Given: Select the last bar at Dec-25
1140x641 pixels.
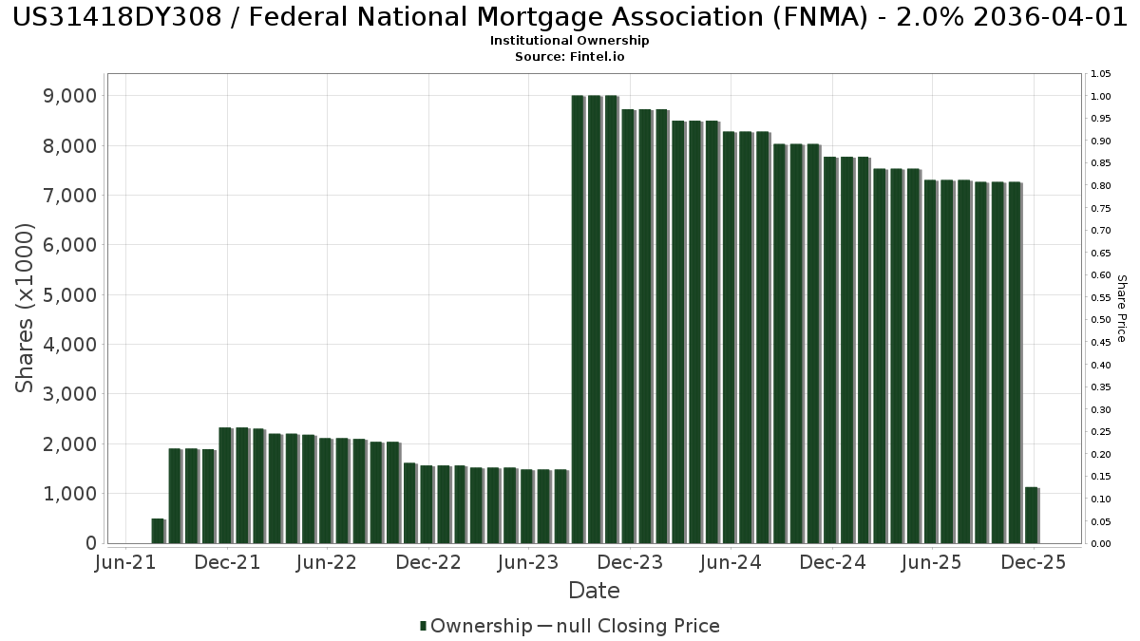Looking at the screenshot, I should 1031,515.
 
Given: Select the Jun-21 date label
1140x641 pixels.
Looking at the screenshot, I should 126,562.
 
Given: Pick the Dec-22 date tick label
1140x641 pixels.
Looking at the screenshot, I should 428,562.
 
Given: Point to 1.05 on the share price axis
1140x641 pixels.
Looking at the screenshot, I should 1101,74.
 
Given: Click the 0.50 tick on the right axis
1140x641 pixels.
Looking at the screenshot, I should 1101,320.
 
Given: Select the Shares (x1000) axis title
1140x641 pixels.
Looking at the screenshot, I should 26,308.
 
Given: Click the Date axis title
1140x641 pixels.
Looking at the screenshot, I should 594,591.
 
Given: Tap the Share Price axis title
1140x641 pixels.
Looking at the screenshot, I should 1121,308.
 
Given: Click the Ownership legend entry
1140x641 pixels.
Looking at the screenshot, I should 476,626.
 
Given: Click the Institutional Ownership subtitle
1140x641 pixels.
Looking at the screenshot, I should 569,41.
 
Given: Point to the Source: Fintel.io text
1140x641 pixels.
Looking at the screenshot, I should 569,56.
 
